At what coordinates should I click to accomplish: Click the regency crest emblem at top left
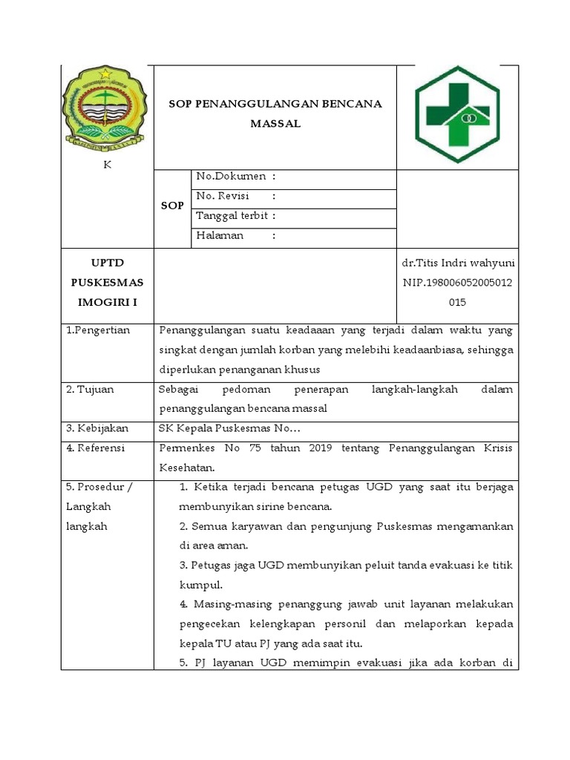pyautogui.click(x=107, y=106)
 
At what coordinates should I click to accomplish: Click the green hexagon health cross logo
pyautogui.click(x=459, y=115)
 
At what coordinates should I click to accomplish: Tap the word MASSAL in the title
pyautogui.click(x=275, y=124)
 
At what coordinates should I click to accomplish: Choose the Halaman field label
pyautogui.click(x=220, y=236)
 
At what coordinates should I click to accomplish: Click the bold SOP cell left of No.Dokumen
pyautogui.click(x=172, y=206)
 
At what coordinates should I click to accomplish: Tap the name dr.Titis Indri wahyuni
pyautogui.click(x=458, y=263)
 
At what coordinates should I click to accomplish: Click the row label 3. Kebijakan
pyautogui.click(x=97, y=428)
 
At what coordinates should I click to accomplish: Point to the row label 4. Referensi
pyautogui.click(x=96, y=448)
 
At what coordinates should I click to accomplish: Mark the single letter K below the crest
pyautogui.click(x=107, y=165)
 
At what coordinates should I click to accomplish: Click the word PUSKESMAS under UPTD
pyautogui.click(x=107, y=283)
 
